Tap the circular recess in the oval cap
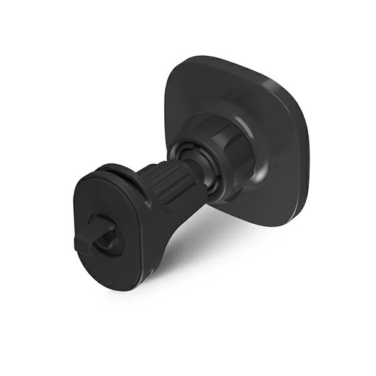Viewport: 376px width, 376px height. (107, 233)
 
